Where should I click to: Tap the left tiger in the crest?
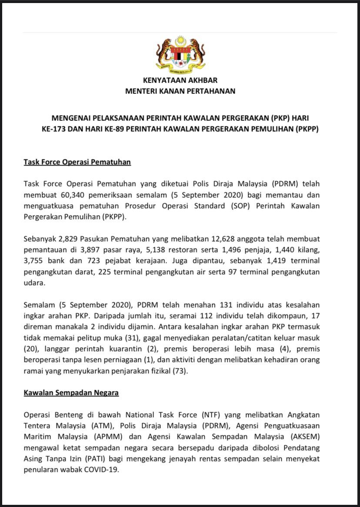pos(164,54)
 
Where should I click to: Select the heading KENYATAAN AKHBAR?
pos(180,80)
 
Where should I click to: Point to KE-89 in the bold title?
pos(132,129)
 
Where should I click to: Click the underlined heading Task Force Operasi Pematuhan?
pos(77,162)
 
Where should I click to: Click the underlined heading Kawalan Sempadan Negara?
pos(71,393)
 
